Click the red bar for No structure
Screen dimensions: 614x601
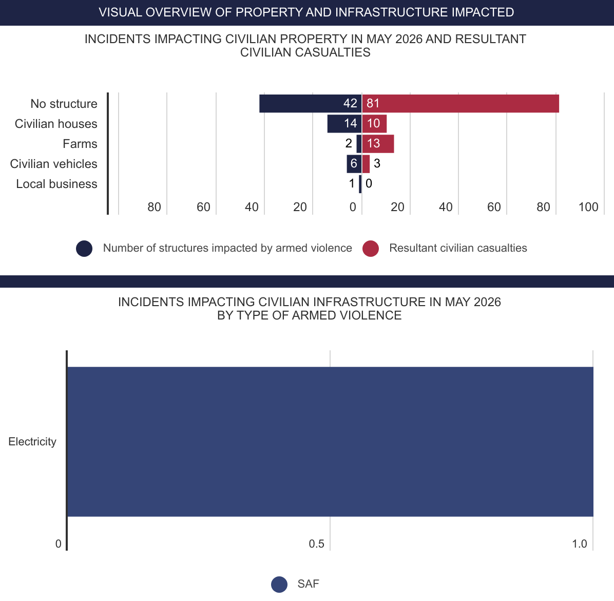pos(460,103)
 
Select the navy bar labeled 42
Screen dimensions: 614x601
pos(310,103)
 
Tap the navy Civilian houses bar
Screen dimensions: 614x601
pos(344,124)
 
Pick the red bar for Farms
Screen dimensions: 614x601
pos(378,144)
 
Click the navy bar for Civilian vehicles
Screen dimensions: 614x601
pos(354,164)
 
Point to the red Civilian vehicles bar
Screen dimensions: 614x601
pos(366,164)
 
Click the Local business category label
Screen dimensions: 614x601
pos(57,184)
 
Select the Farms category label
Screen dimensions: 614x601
pos(80,144)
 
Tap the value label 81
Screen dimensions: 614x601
pos(373,103)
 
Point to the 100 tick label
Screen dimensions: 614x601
pos(588,207)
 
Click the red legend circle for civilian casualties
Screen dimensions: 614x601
pos(371,249)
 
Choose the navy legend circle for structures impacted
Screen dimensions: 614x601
pos(84,249)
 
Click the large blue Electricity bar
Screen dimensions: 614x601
pos(330,442)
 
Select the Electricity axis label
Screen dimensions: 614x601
pos(32,442)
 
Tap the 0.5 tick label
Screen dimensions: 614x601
pos(316,544)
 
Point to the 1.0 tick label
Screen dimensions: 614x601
pos(580,544)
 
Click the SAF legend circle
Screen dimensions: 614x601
pos(279,584)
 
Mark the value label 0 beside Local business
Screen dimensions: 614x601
pos(369,183)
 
